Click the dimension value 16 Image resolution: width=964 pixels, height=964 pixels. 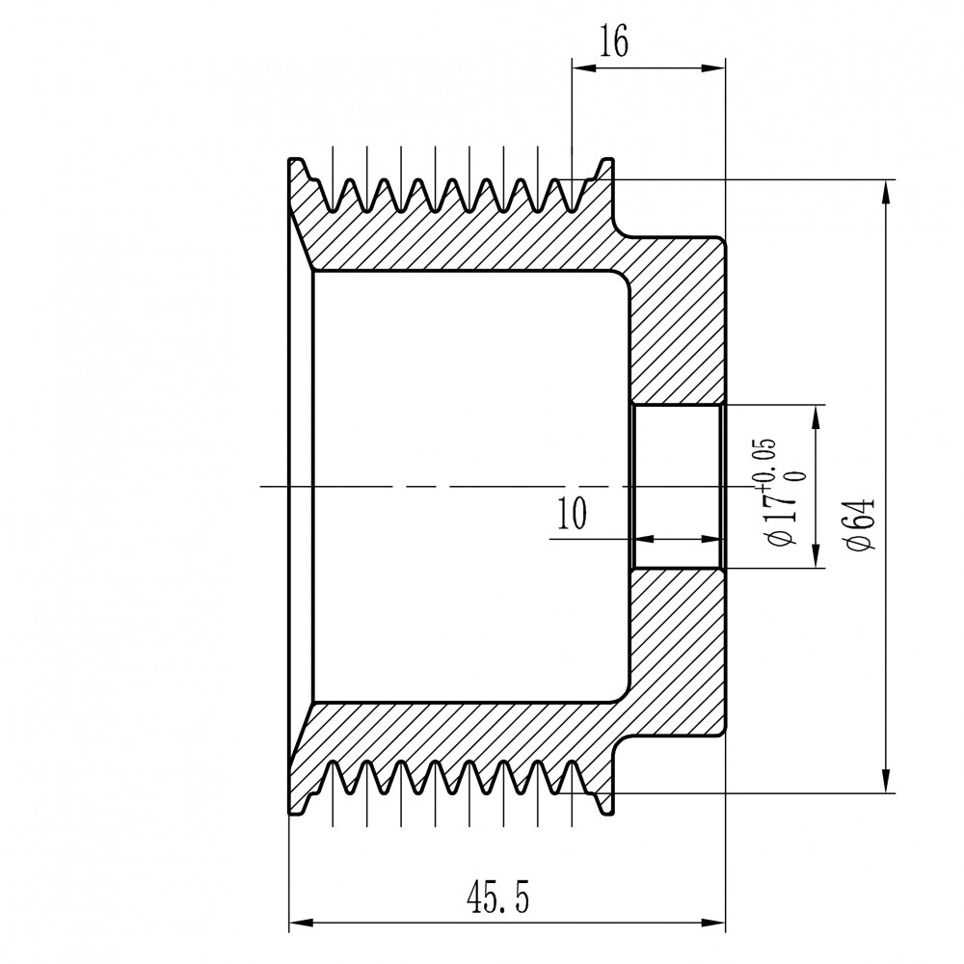615,42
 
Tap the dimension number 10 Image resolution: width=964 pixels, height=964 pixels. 572,514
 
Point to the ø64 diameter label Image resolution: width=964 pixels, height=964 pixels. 860,522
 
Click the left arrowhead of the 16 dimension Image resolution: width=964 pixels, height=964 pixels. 585,68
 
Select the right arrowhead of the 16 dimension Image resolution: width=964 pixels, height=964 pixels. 713,68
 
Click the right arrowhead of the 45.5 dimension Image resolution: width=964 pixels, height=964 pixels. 713,923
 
